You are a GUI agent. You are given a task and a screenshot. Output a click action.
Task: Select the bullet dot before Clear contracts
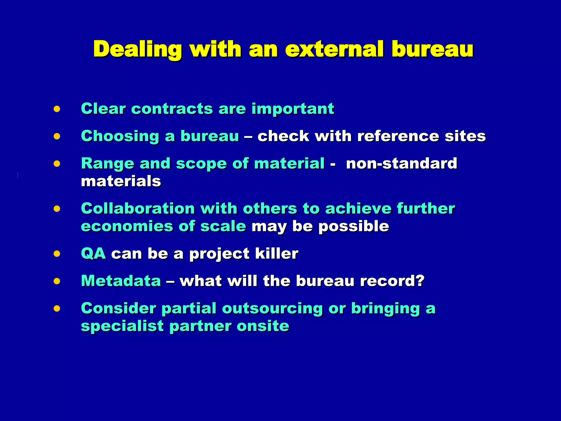[57, 109]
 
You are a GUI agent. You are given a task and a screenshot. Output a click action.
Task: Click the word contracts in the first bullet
[172, 109]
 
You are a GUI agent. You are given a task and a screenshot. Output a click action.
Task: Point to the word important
[293, 109]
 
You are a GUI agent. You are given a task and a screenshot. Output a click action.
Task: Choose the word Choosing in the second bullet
[120, 136]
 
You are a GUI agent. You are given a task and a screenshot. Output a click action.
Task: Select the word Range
[108, 164]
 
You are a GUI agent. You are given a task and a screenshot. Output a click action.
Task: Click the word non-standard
[402, 164]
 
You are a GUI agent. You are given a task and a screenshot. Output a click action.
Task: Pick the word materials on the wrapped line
[121, 181]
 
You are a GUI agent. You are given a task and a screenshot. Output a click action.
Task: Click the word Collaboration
[138, 209]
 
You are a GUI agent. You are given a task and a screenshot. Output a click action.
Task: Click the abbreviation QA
[93, 254]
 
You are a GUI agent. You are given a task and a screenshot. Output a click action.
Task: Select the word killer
[277, 254]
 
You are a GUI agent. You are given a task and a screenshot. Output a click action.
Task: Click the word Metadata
[121, 281]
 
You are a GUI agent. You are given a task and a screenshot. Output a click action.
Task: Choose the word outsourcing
[273, 309]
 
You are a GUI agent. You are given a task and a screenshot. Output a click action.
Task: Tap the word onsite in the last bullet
[263, 326]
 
